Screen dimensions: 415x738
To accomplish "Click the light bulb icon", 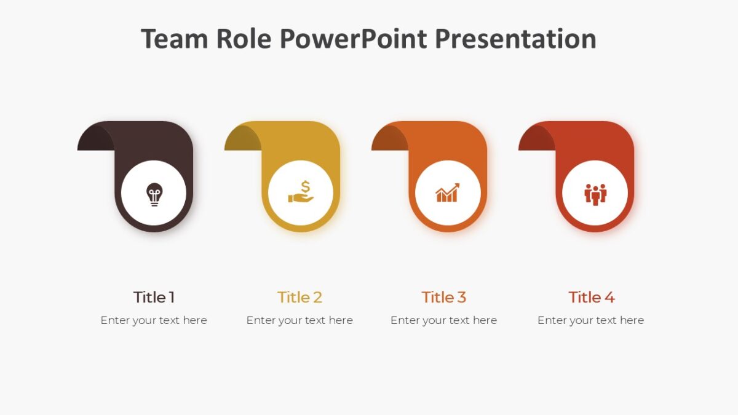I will coord(154,194).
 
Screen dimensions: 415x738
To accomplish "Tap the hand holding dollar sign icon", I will coord(301,192).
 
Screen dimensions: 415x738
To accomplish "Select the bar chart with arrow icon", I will coord(447,192).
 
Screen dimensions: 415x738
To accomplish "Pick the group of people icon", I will coord(595,194).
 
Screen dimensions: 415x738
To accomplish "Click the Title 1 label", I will coord(154,298).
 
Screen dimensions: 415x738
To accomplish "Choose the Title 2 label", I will coord(300,298).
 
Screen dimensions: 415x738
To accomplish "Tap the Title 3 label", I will coord(443,298).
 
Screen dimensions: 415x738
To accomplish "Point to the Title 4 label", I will coord(591,298).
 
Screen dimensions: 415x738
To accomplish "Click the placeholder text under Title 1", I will coord(154,320).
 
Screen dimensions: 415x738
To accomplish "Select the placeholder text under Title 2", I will coord(300,320).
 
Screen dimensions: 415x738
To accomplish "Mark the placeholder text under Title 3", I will coord(443,320).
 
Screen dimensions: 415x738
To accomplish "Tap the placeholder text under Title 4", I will coord(590,320).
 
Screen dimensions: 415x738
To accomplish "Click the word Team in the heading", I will coord(175,39).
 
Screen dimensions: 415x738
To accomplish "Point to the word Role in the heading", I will coord(244,39).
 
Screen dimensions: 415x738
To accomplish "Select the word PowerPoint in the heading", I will coord(354,39).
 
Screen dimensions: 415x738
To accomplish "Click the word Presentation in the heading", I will coord(515,39).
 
